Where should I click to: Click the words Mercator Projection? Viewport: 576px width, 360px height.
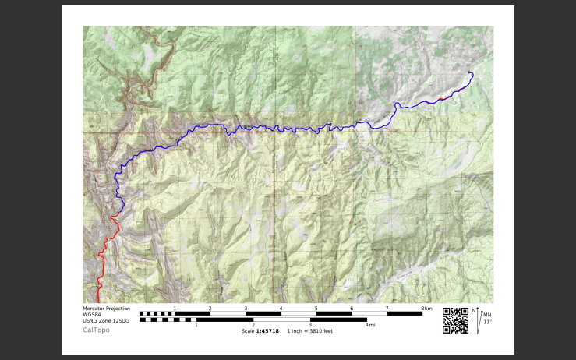click(106, 309)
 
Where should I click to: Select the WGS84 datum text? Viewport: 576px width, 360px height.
click(94, 315)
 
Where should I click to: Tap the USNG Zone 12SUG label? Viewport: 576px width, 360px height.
click(106, 321)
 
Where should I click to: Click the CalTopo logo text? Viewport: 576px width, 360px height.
click(96, 330)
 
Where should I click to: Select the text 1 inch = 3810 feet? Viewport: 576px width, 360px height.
click(310, 331)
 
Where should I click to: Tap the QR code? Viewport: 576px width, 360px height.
click(455, 320)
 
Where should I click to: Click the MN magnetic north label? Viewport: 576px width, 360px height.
click(487, 315)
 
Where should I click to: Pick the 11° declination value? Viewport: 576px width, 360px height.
click(487, 322)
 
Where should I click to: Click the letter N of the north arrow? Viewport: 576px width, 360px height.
click(474, 311)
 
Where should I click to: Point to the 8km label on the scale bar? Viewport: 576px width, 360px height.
click(426, 309)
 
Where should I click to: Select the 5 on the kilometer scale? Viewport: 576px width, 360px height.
click(316, 309)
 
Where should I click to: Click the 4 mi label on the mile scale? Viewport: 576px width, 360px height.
click(370, 325)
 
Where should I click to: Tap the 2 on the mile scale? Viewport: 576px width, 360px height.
click(253, 325)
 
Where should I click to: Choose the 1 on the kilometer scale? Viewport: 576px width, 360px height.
click(175, 309)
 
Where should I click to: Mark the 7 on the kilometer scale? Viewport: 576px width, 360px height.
click(387, 309)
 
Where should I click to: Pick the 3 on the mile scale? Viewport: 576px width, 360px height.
click(310, 325)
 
